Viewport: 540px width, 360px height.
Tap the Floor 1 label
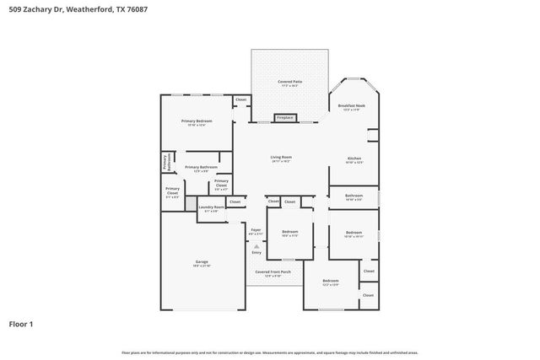tap(21, 323)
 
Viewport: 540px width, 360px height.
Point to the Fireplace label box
tap(285, 118)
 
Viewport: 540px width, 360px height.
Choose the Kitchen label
tap(355, 159)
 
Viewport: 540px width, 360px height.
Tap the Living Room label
tap(281, 159)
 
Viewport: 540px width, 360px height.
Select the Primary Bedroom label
tap(197, 123)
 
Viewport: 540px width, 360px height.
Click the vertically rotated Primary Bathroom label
tap(166, 162)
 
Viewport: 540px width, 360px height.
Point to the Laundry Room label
tap(212, 207)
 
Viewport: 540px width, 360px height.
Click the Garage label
tap(202, 263)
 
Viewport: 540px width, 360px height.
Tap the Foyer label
tap(256, 230)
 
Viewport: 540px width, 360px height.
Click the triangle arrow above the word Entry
tap(256, 246)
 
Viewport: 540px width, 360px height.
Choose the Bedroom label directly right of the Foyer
tap(289, 233)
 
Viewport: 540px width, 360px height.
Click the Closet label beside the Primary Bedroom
tap(240, 100)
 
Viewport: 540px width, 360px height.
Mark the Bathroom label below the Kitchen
tap(354, 196)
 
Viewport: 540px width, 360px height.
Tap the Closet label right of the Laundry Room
tap(235, 201)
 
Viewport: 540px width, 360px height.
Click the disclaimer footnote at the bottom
tap(269, 352)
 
